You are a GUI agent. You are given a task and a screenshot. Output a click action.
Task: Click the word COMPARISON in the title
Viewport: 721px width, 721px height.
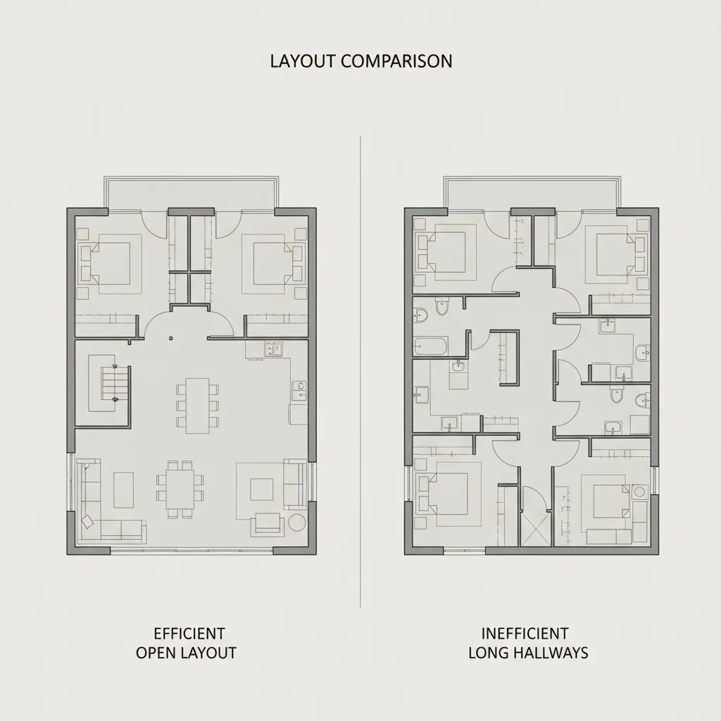(396, 61)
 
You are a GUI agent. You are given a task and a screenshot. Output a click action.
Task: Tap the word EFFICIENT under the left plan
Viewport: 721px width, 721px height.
(189, 633)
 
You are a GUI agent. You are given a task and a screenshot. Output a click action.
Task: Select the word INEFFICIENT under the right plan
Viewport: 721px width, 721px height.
(525, 633)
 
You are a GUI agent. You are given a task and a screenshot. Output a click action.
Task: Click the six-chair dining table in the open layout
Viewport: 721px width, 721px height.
(197, 405)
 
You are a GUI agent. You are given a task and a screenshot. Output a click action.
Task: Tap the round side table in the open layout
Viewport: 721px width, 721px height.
(296, 523)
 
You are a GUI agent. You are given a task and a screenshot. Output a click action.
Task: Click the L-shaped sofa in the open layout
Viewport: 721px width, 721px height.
(106, 507)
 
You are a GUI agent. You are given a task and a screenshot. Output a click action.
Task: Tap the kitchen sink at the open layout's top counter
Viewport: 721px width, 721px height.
(272, 348)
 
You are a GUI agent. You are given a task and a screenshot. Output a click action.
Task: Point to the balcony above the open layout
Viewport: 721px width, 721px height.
(189, 192)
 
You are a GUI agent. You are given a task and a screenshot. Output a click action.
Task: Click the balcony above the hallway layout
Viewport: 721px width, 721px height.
(531, 192)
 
